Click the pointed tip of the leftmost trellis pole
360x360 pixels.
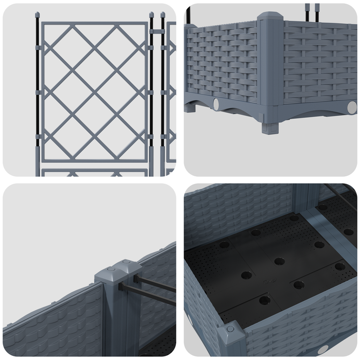(x=38, y=14)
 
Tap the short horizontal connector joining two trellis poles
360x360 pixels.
(x=157, y=29)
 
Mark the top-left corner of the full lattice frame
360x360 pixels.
(x=42, y=24)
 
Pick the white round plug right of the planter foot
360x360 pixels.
(x=352, y=107)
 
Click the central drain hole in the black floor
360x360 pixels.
(x=279, y=261)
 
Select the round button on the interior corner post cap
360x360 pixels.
(x=230, y=328)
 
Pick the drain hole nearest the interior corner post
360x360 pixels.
(x=264, y=300)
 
